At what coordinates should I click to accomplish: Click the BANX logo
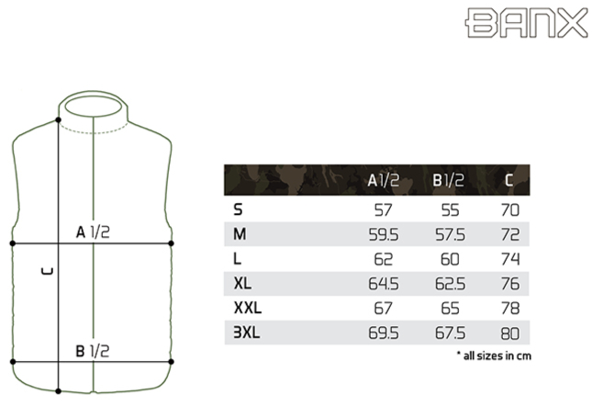pyautogui.click(x=526, y=23)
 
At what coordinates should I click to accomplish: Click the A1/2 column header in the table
pyautogui.click(x=384, y=181)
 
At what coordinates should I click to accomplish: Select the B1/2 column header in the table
pyautogui.click(x=449, y=181)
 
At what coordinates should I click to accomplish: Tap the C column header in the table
pyautogui.click(x=509, y=181)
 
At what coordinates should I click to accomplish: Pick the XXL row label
pyautogui.click(x=248, y=308)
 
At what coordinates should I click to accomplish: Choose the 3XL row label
pyautogui.click(x=247, y=333)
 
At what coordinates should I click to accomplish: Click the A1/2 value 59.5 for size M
pyautogui.click(x=384, y=234)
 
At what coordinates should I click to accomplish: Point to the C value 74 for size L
pyautogui.click(x=510, y=259)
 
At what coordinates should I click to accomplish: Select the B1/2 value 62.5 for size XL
pyautogui.click(x=450, y=284)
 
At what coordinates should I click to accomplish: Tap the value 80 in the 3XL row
pyautogui.click(x=510, y=333)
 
